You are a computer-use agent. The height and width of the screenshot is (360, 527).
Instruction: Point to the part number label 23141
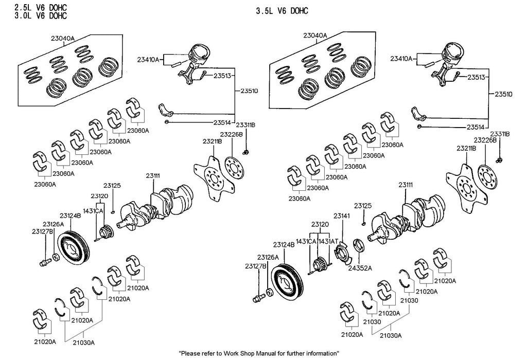tap(341, 216)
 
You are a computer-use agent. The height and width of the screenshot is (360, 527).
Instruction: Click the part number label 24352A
tap(360, 268)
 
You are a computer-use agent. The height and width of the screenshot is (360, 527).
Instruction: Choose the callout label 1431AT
tap(328, 241)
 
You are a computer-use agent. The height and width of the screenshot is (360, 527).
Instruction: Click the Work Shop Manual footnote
tap(258, 354)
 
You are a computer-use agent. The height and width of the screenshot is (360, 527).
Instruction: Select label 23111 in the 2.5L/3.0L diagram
tap(153, 176)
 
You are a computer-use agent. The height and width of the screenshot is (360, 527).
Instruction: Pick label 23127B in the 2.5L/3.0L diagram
tap(42, 231)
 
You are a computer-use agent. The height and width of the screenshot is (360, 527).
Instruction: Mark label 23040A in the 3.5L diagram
tap(315, 35)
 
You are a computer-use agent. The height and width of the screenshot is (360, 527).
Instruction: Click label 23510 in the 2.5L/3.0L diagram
tap(250, 91)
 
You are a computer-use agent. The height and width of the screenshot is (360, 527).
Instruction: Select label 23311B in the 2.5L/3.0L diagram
tap(245, 125)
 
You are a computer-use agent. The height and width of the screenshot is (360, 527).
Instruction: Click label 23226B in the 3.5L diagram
tap(485, 140)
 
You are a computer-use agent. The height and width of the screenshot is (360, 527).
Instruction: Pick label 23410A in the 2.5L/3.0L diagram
tap(148, 60)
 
